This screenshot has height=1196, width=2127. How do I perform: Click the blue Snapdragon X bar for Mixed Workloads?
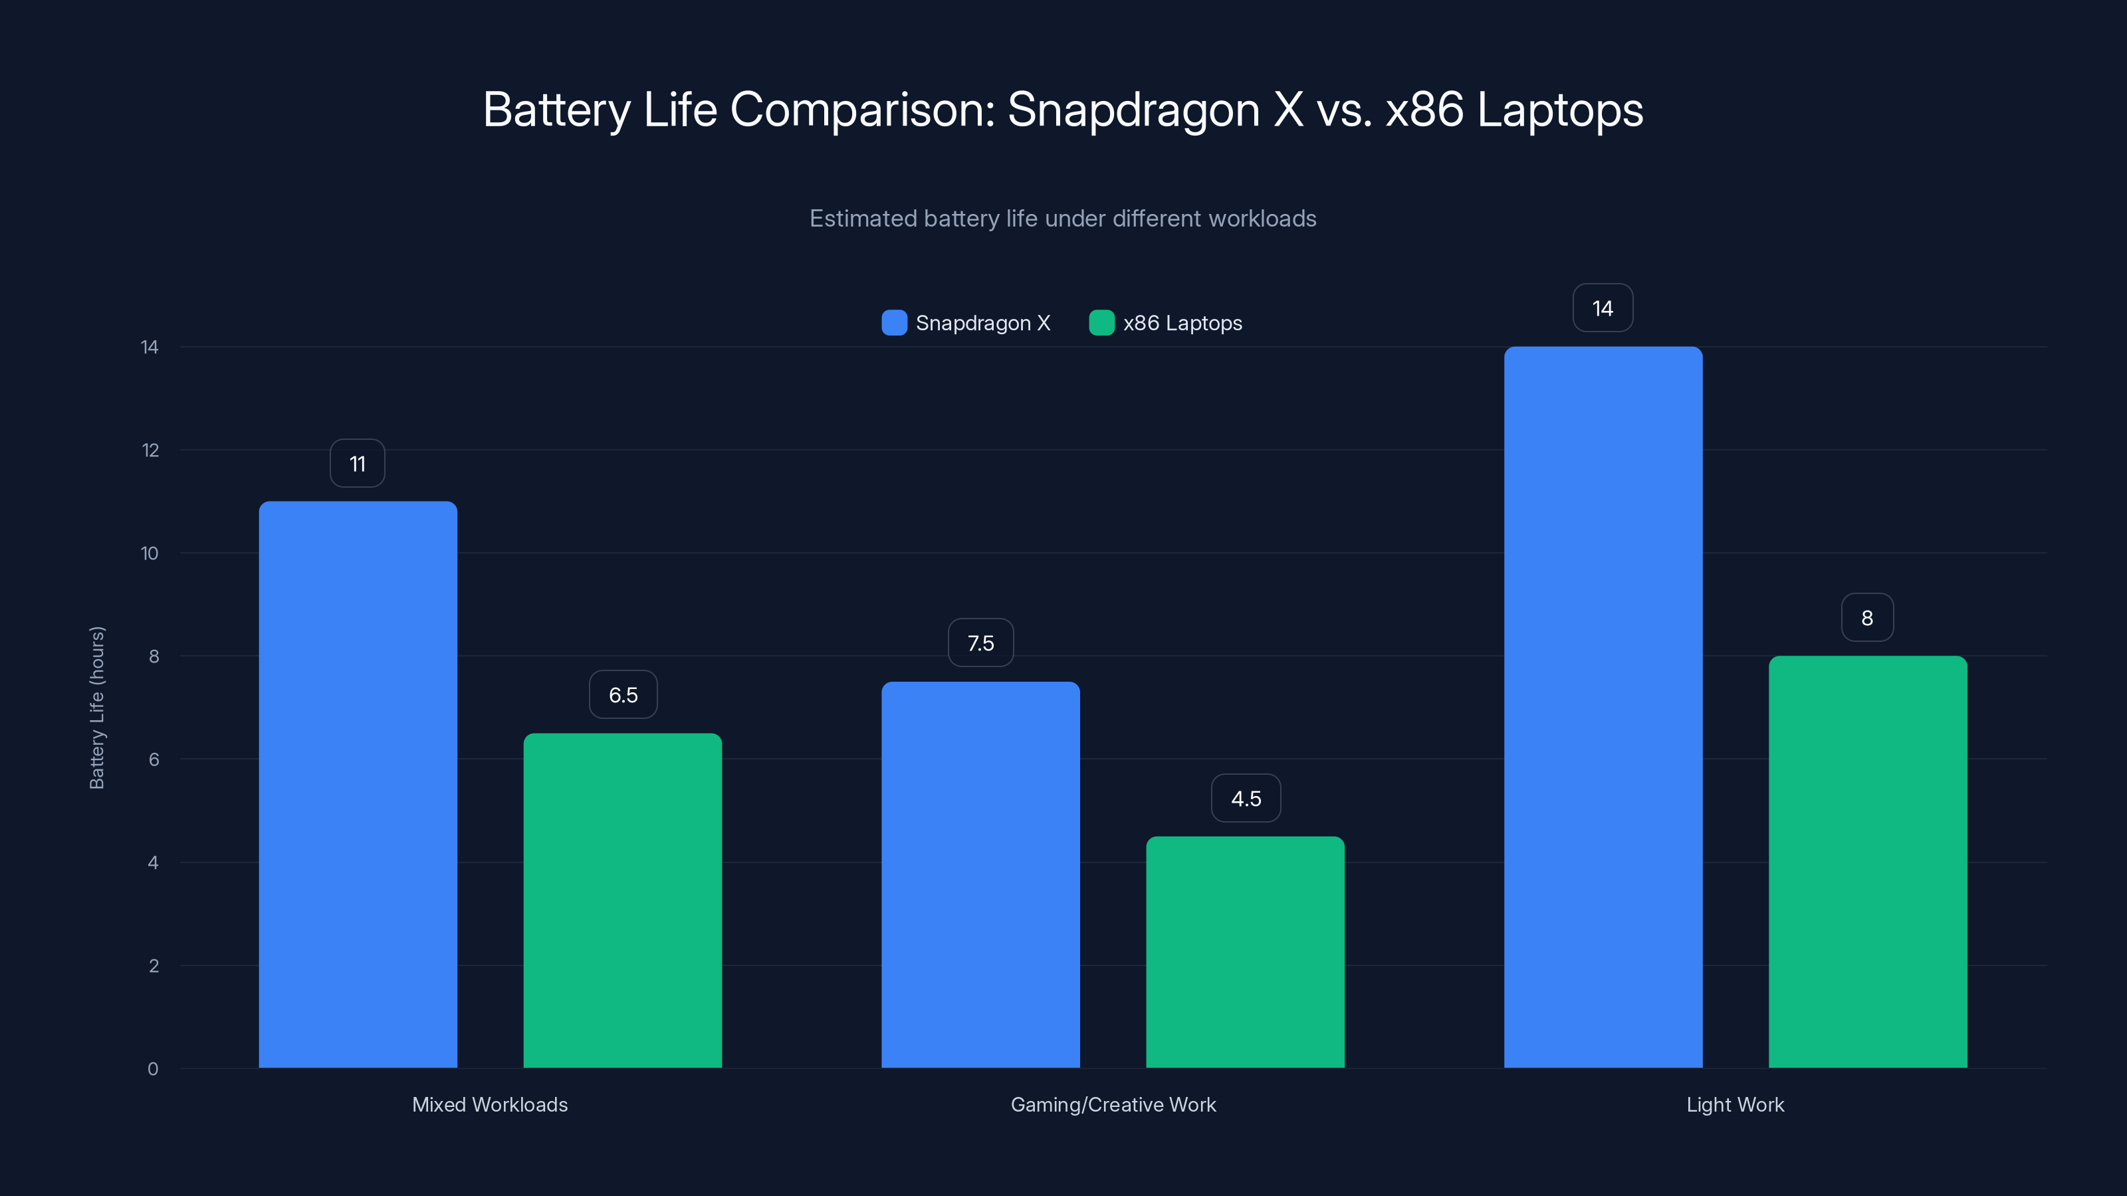click(x=358, y=784)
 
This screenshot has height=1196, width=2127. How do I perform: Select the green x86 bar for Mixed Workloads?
click(x=623, y=900)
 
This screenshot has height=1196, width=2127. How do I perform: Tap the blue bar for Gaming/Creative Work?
click(x=980, y=875)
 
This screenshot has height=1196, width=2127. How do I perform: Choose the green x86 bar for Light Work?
click(x=1868, y=862)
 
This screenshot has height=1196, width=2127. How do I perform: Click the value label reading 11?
click(x=358, y=464)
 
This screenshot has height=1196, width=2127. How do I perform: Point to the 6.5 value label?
click(x=623, y=695)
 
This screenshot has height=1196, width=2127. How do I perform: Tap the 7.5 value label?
click(x=981, y=643)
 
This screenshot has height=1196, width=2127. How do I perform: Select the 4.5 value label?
click(x=1246, y=798)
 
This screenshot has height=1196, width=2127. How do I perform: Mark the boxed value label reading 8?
click(x=1867, y=618)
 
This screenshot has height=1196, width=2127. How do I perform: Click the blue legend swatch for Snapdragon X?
click(x=894, y=323)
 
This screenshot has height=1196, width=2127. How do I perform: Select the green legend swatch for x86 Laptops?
click(x=1101, y=323)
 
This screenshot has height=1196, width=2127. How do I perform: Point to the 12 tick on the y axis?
click(x=150, y=450)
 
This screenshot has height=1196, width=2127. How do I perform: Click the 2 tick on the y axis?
click(x=154, y=965)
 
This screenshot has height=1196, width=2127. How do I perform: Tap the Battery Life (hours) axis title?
click(x=96, y=708)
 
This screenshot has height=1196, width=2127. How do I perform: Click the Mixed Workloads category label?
click(x=490, y=1104)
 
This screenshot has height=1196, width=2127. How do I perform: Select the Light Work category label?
click(x=1735, y=1104)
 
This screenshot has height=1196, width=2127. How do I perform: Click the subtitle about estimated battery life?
click(x=1063, y=219)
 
